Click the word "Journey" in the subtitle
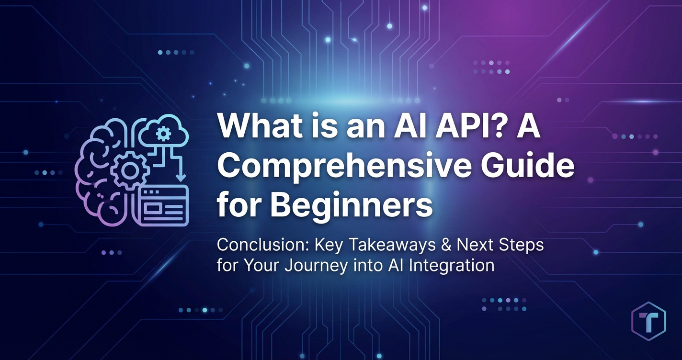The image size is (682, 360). [x=317, y=266]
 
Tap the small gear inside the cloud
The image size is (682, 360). [x=163, y=134]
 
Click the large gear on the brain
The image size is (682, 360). [x=129, y=171]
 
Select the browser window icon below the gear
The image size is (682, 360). [x=163, y=206]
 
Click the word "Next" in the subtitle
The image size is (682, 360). [x=471, y=245]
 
